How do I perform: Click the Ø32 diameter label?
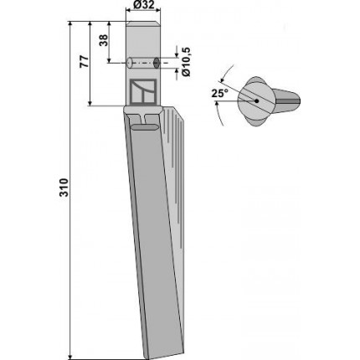pyautogui.click(x=143, y=4)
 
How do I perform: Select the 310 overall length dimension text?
pyautogui.click(x=64, y=188)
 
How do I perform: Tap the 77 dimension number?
pyautogui.click(x=85, y=61)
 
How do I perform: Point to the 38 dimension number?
pyautogui.click(x=104, y=40)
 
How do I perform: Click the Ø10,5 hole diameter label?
pyautogui.click(x=186, y=62)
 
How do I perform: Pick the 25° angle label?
pyautogui.click(x=219, y=94)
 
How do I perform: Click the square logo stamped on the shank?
pyautogui.click(x=142, y=91)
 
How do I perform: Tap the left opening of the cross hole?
pyautogui.click(x=129, y=63)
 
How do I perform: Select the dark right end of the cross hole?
pyautogui.click(x=157, y=63)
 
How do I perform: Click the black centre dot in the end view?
pyautogui.click(x=256, y=101)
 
